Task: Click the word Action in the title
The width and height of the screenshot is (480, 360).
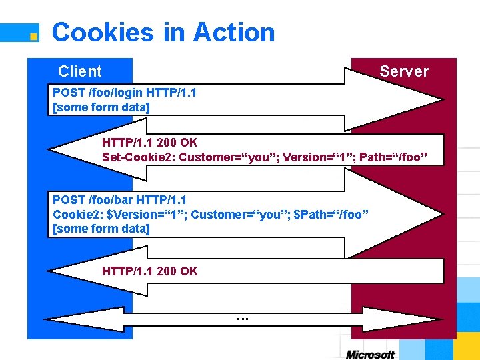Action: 233,32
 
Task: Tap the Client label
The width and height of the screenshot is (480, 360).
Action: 80,71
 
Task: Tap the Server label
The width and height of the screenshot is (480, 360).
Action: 403,71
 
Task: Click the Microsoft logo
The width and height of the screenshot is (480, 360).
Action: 371,354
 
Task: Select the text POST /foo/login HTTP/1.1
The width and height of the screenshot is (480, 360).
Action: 125,93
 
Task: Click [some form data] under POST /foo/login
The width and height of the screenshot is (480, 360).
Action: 101,107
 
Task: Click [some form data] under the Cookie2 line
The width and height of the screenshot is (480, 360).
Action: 101,229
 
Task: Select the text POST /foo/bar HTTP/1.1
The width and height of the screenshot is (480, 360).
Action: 120,200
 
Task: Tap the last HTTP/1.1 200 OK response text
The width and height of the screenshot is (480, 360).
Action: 150,271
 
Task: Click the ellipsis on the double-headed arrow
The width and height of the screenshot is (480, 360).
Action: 242,318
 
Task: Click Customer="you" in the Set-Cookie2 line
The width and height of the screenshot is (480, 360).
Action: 231,157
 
